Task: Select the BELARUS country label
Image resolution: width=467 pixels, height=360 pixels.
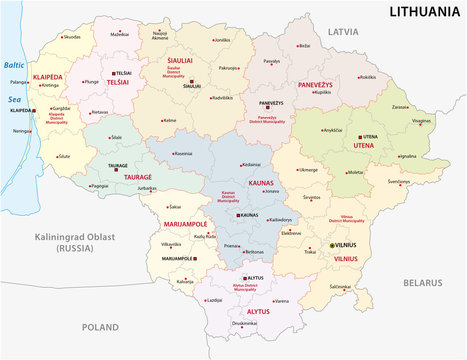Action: pos(423,284)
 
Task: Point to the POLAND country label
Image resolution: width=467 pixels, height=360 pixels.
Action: pos(100,326)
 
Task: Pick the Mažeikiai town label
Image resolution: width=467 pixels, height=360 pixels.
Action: pos(120,34)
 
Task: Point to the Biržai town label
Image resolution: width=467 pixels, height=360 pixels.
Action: pos(304,45)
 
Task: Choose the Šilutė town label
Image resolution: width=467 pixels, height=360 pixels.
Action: pos(63,157)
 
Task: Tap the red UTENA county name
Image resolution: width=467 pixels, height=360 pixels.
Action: pos(363,146)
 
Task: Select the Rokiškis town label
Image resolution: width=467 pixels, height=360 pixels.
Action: pos(368,77)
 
